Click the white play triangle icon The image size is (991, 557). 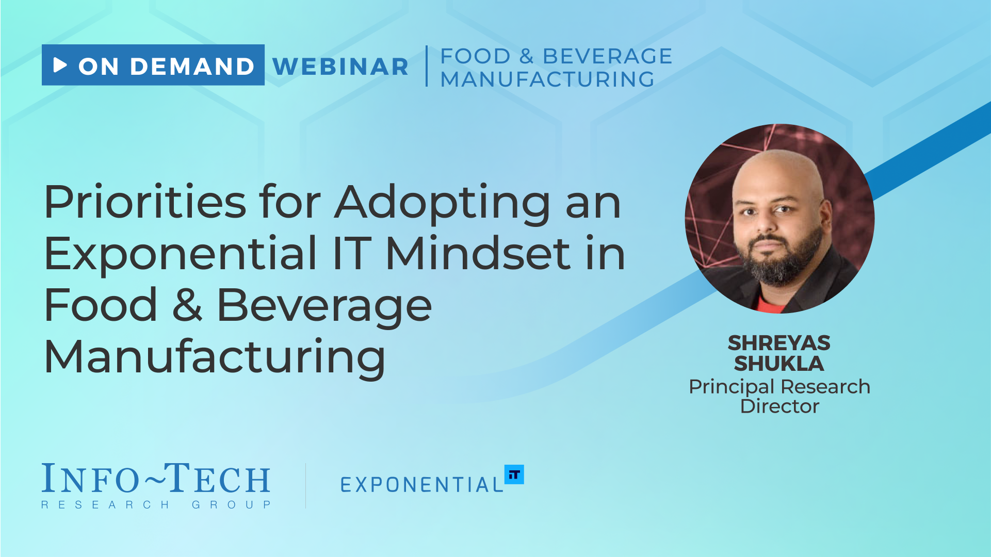click(60, 65)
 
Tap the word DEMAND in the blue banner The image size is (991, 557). click(192, 67)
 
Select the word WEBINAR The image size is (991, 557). click(340, 67)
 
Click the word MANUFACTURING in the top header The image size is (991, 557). click(547, 79)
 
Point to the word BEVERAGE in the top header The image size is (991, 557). click(607, 56)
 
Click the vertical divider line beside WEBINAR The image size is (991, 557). click(427, 66)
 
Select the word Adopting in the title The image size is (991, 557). click(443, 204)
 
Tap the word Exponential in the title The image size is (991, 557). click(181, 254)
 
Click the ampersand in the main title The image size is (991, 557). click(187, 305)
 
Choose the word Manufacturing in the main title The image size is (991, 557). click(215, 357)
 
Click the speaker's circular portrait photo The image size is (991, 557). click(779, 219)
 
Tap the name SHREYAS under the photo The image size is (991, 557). click(779, 343)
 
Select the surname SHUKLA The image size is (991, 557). click(779, 364)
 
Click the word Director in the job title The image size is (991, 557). click(779, 406)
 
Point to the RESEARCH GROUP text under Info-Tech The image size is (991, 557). click(156, 504)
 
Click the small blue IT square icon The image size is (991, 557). click(514, 474)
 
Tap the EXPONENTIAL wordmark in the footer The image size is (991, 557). click(421, 484)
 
